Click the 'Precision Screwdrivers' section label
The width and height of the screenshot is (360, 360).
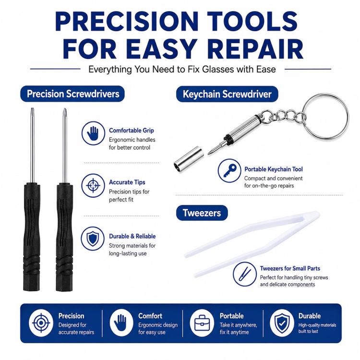click(x=72, y=94)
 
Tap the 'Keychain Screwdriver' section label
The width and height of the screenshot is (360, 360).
click(x=227, y=94)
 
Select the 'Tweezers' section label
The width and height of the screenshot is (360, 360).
click(x=202, y=213)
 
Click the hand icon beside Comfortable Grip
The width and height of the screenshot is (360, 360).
click(x=93, y=133)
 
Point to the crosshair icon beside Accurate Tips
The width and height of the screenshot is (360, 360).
click(x=93, y=185)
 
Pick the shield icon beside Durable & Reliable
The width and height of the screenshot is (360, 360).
click(x=93, y=239)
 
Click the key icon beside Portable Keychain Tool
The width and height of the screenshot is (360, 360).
click(x=229, y=170)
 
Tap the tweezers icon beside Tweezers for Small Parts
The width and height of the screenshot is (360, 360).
click(x=245, y=274)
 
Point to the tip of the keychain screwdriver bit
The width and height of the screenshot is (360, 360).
click(x=208, y=154)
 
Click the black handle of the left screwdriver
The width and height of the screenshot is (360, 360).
click(x=32, y=237)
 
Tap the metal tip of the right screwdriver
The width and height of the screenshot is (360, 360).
click(x=65, y=110)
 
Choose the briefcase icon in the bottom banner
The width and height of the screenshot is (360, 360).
click(x=202, y=323)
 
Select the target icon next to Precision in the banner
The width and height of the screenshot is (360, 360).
click(x=41, y=323)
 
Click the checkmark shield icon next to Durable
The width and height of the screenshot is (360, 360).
click(x=282, y=323)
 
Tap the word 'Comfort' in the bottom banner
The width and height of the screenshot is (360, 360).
click(x=150, y=316)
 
